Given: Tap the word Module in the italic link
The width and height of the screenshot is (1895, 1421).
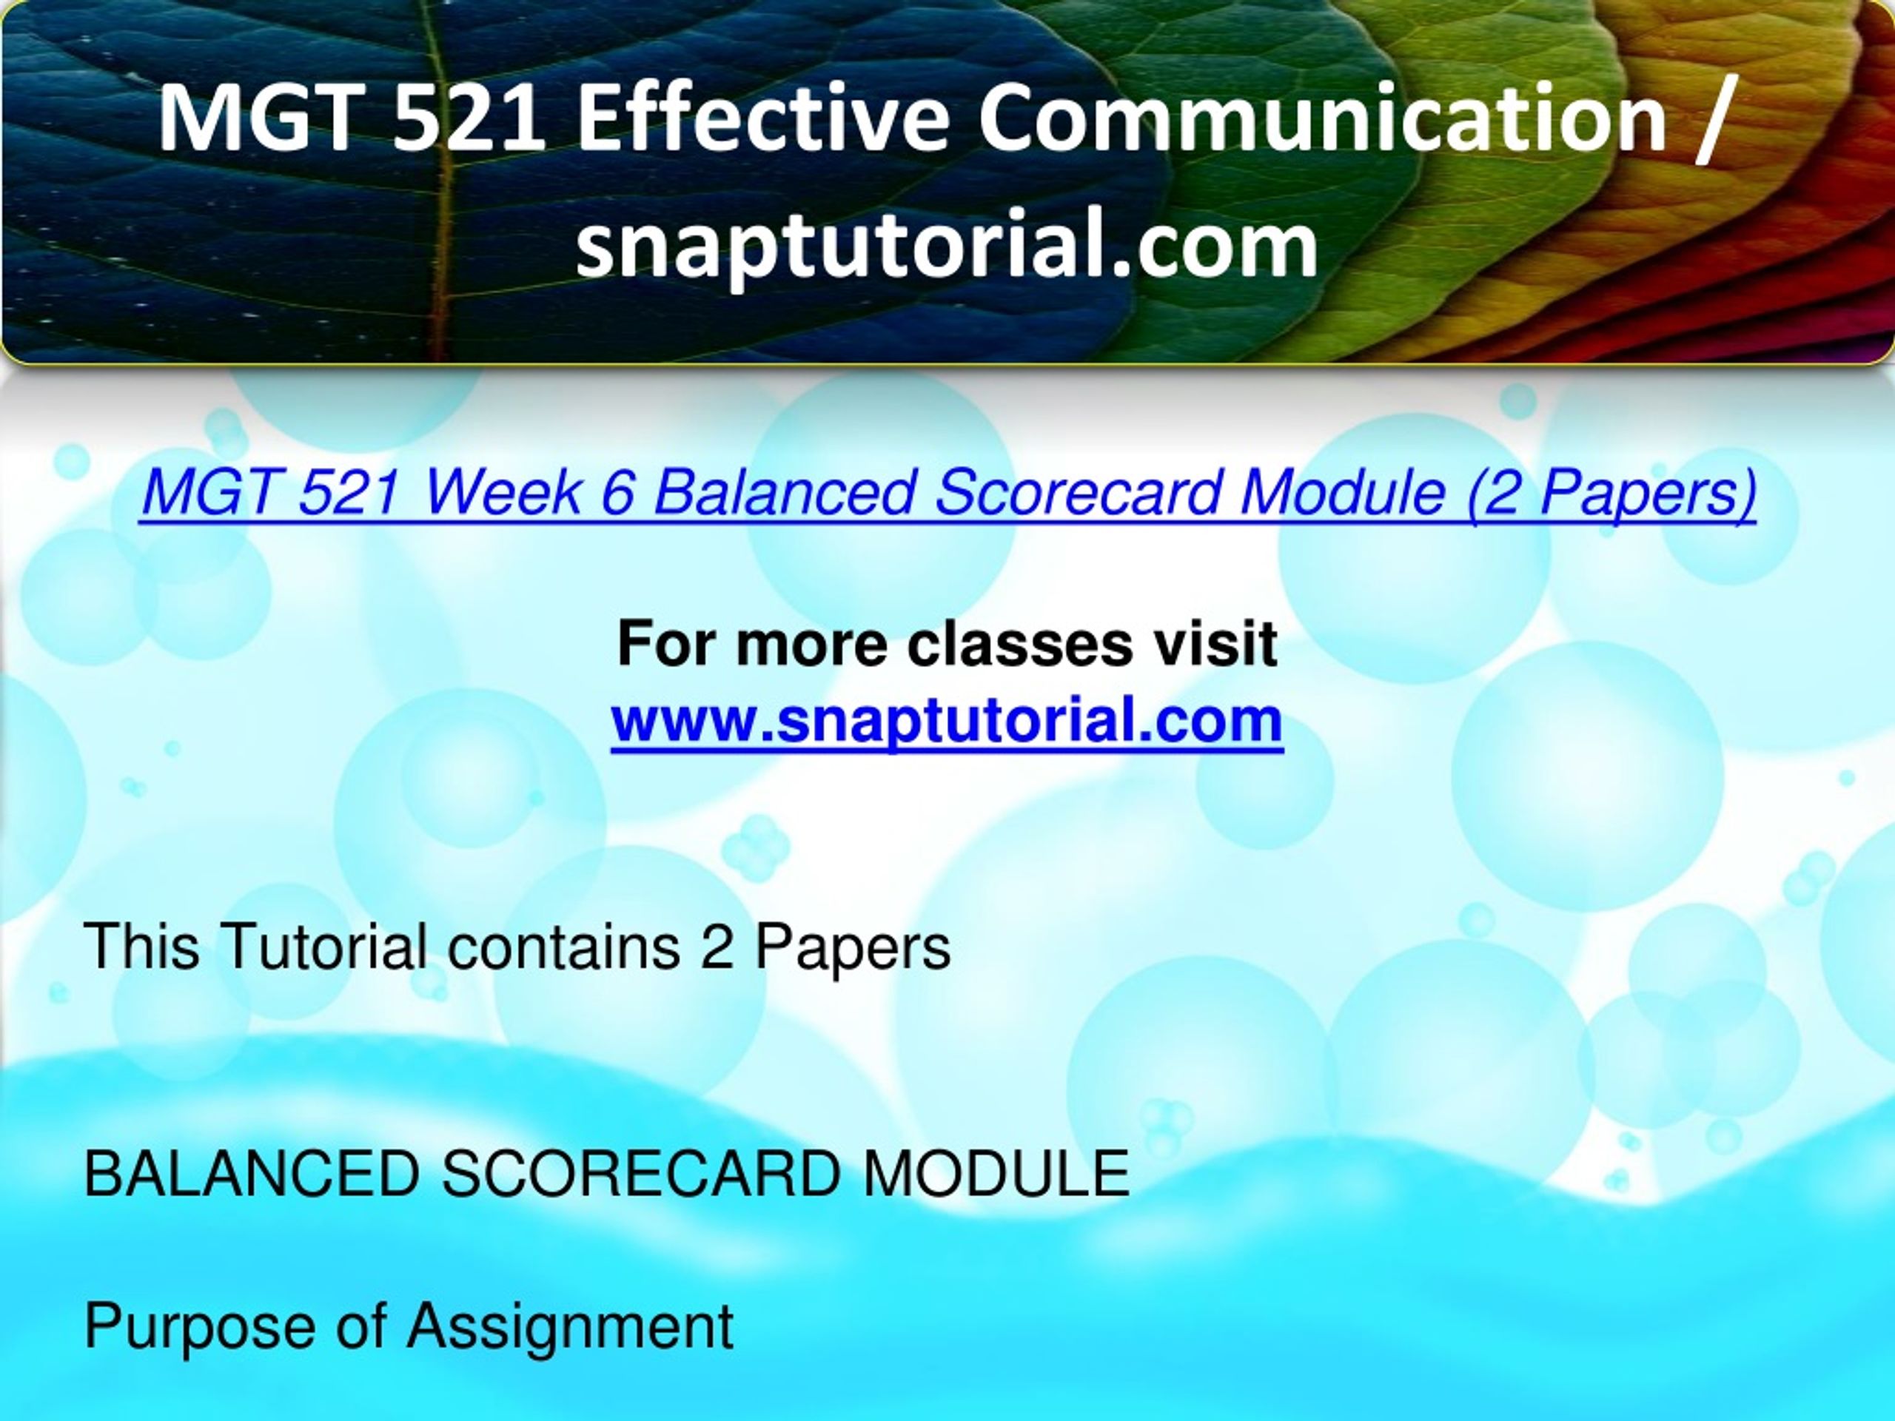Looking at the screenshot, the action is click(1344, 494).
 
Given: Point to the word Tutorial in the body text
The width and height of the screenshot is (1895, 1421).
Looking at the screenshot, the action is click(323, 947).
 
